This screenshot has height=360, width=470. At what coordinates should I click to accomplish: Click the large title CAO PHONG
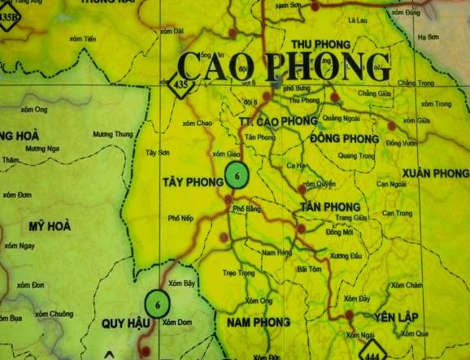click(284, 66)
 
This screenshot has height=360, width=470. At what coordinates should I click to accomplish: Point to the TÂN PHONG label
click(329, 207)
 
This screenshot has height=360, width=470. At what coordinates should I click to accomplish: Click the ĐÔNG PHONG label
click(345, 139)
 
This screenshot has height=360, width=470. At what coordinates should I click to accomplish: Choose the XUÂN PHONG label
click(435, 174)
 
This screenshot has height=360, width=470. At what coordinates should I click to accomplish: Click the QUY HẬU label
click(127, 323)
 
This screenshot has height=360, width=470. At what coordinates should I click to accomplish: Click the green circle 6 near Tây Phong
click(236, 175)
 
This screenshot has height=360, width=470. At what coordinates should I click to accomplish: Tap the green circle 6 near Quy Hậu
click(158, 304)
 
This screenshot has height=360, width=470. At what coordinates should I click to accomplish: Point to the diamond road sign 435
click(181, 85)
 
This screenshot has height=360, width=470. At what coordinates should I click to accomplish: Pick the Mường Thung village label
click(112, 134)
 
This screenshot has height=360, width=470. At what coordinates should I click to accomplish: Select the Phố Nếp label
click(181, 219)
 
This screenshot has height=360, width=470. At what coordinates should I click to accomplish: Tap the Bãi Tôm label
click(310, 268)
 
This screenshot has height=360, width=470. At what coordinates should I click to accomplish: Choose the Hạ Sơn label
click(428, 37)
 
